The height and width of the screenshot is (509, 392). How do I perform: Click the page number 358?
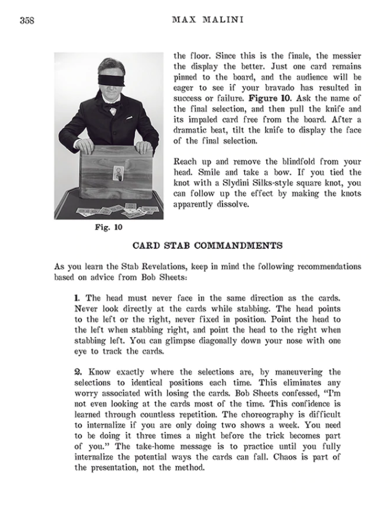pyautogui.click(x=27, y=20)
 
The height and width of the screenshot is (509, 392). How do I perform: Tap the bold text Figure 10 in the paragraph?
pyautogui.click(x=266, y=97)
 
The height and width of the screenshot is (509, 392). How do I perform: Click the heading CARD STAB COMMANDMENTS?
pyautogui.click(x=208, y=246)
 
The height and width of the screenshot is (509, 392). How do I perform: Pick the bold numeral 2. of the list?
pyautogui.click(x=78, y=372)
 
